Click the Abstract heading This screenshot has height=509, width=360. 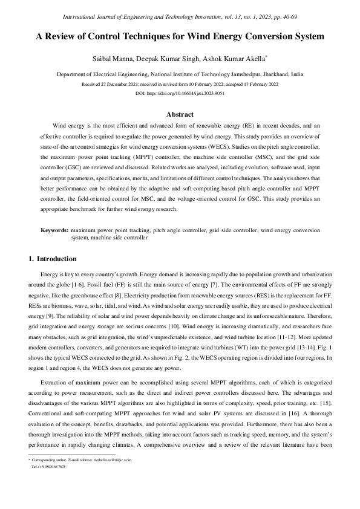180,114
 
